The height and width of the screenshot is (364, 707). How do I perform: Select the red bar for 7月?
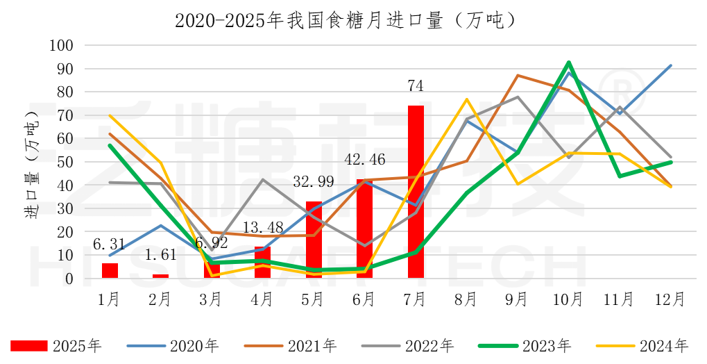(416, 192)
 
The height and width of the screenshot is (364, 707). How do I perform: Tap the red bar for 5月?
(314, 240)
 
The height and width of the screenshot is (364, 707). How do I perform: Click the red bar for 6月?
(364, 229)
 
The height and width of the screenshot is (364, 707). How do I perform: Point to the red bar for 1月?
(110, 271)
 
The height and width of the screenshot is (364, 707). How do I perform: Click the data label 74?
(416, 86)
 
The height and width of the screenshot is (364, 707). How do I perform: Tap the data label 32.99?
(313, 183)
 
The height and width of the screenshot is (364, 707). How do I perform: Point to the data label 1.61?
(160, 256)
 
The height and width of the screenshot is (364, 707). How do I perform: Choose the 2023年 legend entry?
(525, 345)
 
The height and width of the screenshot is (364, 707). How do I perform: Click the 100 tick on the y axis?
(62, 46)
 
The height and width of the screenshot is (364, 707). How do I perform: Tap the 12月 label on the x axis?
(670, 299)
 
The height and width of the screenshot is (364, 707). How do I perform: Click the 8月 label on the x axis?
(466, 299)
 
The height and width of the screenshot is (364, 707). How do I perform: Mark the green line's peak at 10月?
(569, 63)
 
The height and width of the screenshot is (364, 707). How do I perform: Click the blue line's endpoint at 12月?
(670, 65)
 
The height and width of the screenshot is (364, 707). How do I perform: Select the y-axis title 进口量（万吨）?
(32, 162)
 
